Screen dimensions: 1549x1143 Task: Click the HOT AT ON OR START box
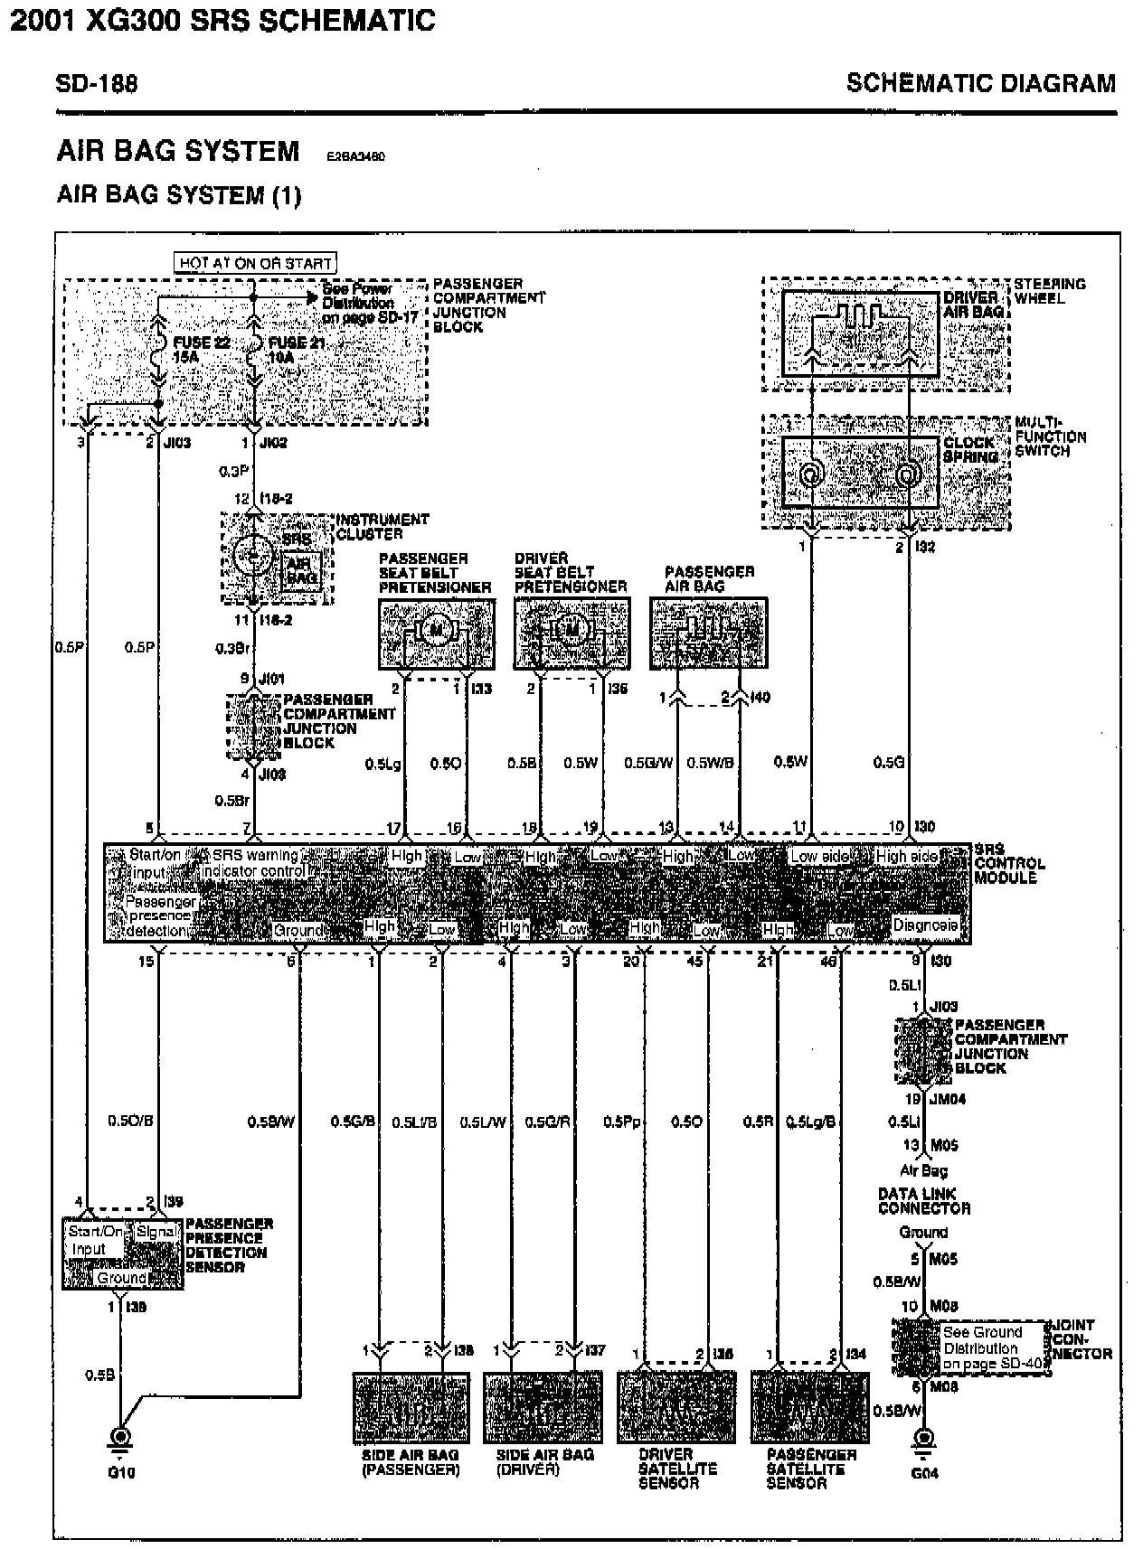coord(255,263)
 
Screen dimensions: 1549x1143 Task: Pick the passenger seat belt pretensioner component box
coord(437,633)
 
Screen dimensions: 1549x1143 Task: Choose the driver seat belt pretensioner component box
coord(571,633)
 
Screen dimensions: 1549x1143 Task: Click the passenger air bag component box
coord(708,633)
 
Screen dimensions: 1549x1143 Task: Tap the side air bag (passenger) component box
coord(411,1408)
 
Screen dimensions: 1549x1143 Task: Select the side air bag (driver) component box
coord(543,1408)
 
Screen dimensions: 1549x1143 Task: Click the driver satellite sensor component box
coord(675,1408)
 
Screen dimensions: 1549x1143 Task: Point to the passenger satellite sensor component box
coord(809,1408)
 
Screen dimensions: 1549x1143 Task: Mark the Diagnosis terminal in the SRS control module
coord(925,925)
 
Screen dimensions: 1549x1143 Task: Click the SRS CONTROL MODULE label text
coord(1008,863)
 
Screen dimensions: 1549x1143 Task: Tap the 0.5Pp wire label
coord(621,1122)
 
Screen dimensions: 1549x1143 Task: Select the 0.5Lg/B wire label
coord(811,1122)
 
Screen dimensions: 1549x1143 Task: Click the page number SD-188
coord(97,84)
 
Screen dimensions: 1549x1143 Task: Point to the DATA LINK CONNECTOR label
coord(923,1201)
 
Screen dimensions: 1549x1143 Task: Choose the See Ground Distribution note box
coord(991,1347)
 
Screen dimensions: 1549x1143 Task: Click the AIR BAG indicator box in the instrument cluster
coord(301,570)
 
